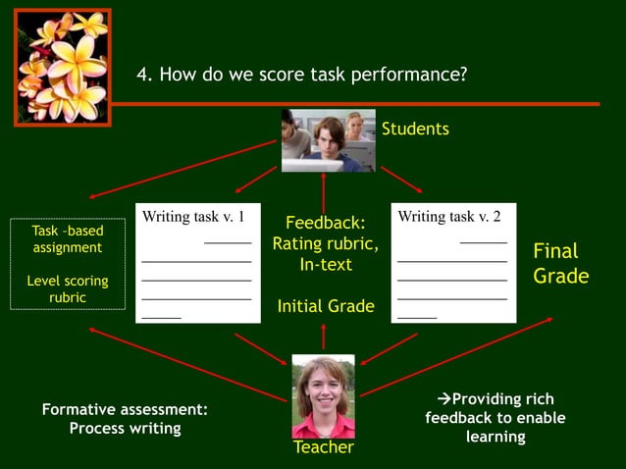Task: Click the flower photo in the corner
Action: pyautogui.click(x=61, y=67)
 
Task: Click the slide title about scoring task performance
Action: pyautogui.click(x=301, y=75)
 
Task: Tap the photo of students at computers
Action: pyautogui.click(x=328, y=140)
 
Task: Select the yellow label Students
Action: pyautogui.click(x=415, y=129)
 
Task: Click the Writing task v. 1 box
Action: pyautogui.click(x=197, y=262)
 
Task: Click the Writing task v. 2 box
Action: pyautogui.click(x=453, y=262)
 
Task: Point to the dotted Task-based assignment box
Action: pyautogui.click(x=68, y=264)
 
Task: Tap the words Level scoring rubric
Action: pyautogui.click(x=68, y=288)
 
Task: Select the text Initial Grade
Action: pyautogui.click(x=326, y=306)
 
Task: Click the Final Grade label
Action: pyautogui.click(x=560, y=264)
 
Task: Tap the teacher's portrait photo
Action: pyautogui.click(x=323, y=395)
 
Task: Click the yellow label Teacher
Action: pyautogui.click(x=324, y=447)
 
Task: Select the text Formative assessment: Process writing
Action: pyautogui.click(x=125, y=419)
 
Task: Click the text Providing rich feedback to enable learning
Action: pyautogui.click(x=496, y=417)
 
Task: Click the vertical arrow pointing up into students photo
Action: pyautogui.click(x=324, y=191)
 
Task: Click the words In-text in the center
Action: pyautogui.click(x=326, y=265)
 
